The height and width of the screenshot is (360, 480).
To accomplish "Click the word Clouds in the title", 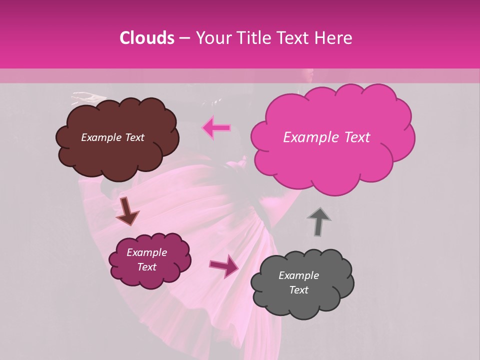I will [x=147, y=38].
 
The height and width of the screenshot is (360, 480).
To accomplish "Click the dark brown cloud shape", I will [x=117, y=157].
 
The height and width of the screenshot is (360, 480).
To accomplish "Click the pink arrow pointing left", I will [x=216, y=128].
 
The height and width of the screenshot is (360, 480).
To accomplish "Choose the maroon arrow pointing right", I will [x=224, y=265].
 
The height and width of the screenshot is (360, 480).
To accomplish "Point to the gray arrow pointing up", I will [x=319, y=221].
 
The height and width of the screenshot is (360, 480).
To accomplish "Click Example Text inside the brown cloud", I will [x=112, y=137].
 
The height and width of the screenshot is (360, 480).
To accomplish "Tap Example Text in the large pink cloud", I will [x=326, y=137].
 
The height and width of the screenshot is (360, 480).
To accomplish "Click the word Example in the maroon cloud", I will [x=146, y=252].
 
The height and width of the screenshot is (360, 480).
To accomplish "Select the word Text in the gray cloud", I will [x=298, y=290].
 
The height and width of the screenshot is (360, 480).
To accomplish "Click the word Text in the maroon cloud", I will [x=146, y=267].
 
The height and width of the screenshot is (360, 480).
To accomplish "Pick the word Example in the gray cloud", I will [x=298, y=275].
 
